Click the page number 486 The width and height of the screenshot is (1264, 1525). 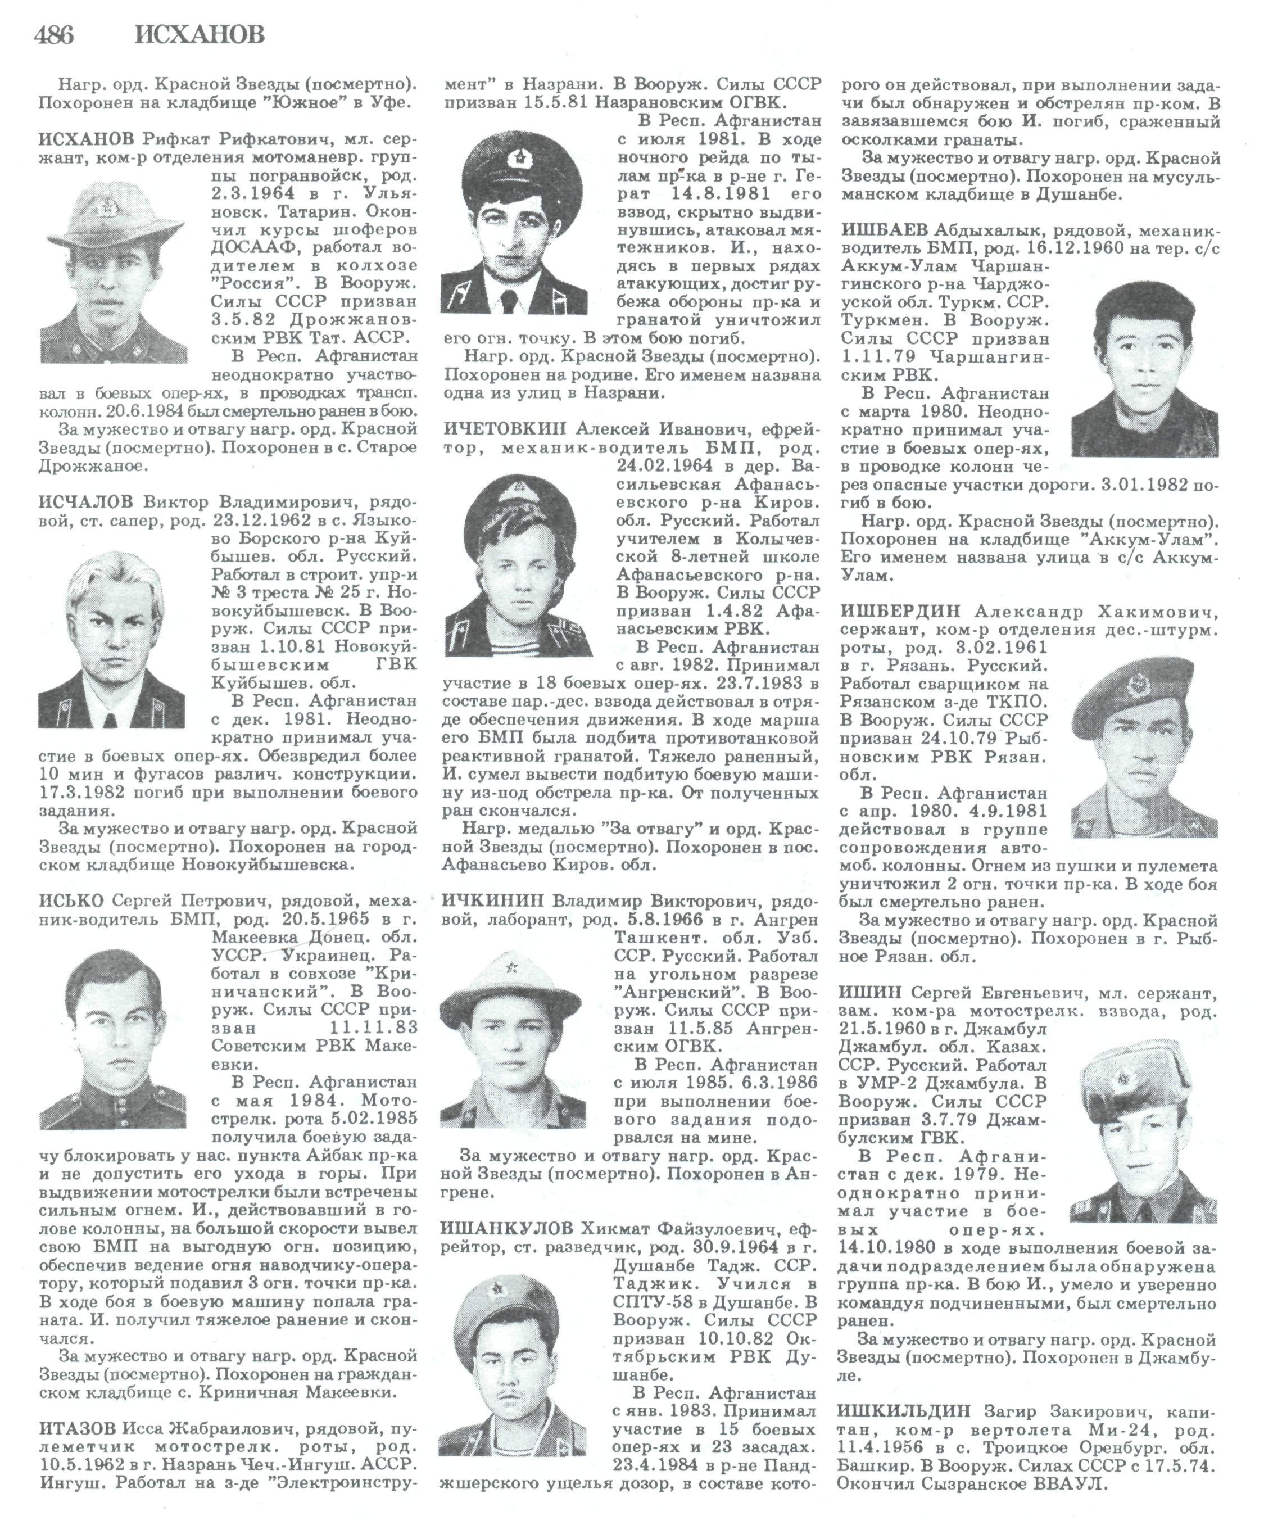click(x=53, y=34)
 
